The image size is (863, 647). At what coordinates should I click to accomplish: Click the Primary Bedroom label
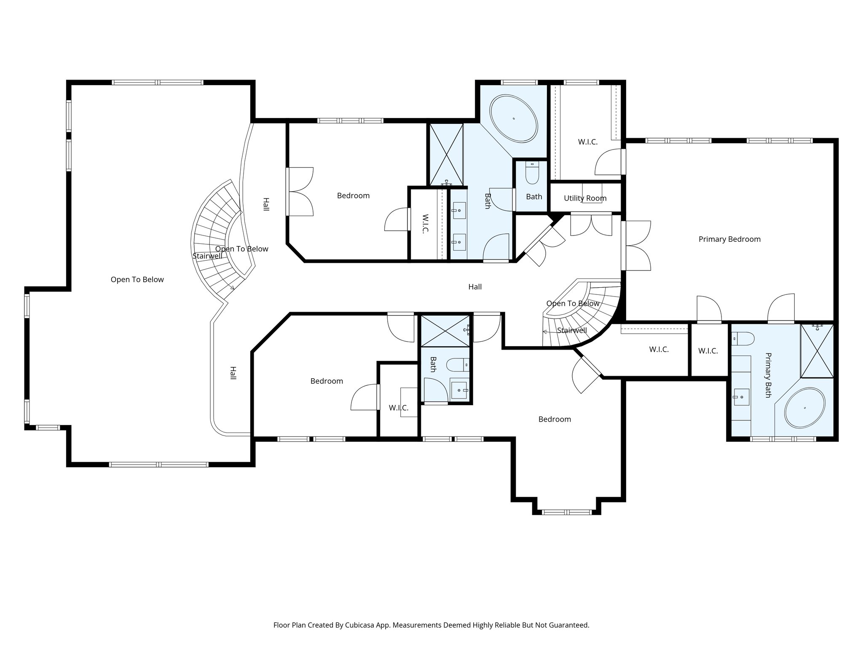tap(729, 239)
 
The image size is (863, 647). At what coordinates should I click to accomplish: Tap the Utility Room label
tap(585, 198)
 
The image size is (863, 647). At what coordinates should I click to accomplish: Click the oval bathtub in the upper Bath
tap(514, 119)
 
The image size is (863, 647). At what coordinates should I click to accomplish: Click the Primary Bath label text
tap(767, 375)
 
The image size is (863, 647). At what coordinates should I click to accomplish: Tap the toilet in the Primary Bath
tap(742, 338)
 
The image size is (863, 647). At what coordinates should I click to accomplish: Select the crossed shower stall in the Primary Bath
tap(817, 350)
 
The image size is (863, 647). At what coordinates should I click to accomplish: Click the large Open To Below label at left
tap(137, 279)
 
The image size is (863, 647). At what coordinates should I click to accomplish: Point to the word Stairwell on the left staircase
tap(207, 256)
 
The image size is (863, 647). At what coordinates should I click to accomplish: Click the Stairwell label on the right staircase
tap(572, 330)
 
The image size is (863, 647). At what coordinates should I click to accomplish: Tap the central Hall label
tap(475, 287)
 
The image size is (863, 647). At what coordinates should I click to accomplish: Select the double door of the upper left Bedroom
tap(300, 192)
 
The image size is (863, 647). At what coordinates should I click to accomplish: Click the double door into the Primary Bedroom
tap(636, 246)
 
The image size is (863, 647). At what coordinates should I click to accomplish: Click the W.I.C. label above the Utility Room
tap(587, 142)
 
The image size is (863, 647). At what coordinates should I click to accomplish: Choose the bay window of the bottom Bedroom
tap(566, 512)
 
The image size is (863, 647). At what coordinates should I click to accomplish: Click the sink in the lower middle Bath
tap(459, 390)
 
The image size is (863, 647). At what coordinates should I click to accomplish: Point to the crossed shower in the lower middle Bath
tap(445, 331)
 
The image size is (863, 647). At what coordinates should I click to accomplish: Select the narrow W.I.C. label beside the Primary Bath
tap(708, 350)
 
